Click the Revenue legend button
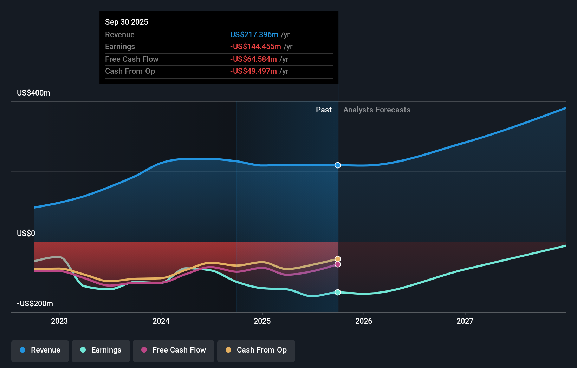[40, 350]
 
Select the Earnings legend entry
[101, 350]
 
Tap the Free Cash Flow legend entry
[174, 350]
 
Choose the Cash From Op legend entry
[256, 350]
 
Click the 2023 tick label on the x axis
[59, 321]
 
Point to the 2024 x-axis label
[161, 321]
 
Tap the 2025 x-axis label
[262, 321]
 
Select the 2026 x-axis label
[363, 321]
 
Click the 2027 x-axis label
[465, 321]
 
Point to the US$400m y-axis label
[33, 93]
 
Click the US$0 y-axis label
[26, 234]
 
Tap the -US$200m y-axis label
[35, 304]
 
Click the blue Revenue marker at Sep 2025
[338, 165]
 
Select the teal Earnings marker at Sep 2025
[338, 292]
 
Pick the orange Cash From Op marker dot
[338, 259]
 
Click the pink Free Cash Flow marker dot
[338, 264]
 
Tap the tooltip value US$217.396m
[254, 35]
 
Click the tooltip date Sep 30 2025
[127, 22]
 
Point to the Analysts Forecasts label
[377, 110]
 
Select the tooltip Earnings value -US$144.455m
[255, 47]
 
